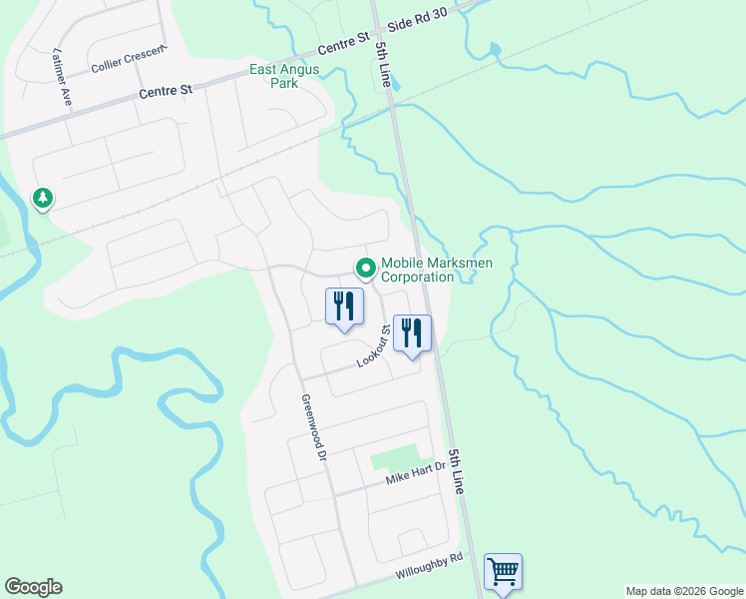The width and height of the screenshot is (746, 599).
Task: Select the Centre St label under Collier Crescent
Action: coord(166,92)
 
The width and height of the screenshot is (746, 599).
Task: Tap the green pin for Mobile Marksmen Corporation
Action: coord(365,267)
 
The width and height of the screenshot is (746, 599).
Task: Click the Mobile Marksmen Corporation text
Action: coord(417,271)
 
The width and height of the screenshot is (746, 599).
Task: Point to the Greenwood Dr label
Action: coord(312,426)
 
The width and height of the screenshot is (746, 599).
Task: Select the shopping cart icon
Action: coord(504,572)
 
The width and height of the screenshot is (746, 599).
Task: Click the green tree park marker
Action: coord(42,199)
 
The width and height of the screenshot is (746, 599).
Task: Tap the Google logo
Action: coord(33,587)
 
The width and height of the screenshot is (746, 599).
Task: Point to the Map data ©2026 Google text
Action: coord(684,591)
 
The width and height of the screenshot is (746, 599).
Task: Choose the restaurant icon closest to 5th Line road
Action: coord(412,333)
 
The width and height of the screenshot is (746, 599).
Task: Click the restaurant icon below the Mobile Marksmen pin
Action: coord(344,306)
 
